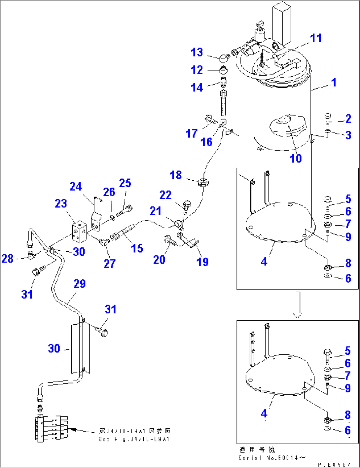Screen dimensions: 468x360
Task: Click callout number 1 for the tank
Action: coord(334,82)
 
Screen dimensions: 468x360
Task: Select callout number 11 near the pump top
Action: coord(316,38)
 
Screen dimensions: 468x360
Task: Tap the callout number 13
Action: coord(197,52)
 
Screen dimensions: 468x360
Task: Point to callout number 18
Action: coord(176,175)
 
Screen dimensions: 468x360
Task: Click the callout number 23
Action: coord(61,203)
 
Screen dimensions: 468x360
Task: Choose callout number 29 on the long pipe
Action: coord(80,284)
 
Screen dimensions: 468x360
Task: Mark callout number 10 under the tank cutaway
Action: coord(296,159)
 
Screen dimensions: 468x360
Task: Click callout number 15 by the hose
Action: coord(137,248)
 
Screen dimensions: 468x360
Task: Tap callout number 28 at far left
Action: coord(8,258)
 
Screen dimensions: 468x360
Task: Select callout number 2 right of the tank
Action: coord(348,119)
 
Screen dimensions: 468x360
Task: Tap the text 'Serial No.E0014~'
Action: coord(272,458)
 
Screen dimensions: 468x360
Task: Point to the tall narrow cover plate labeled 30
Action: coord(80,348)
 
